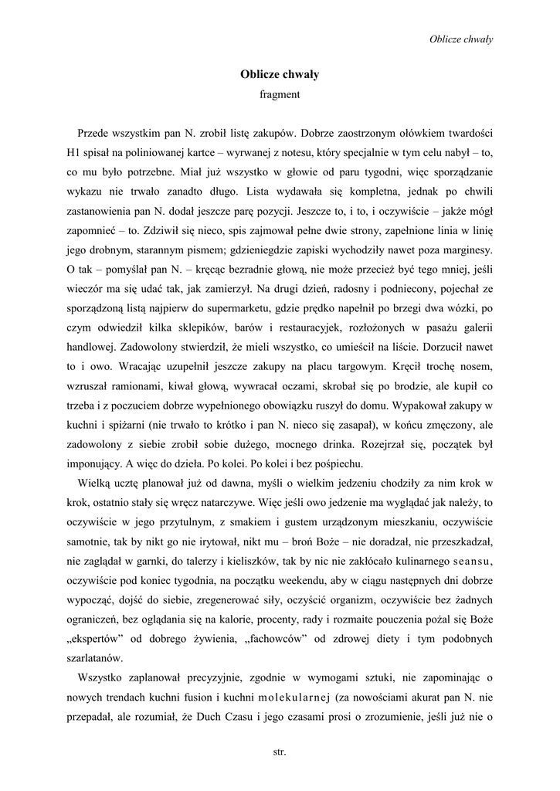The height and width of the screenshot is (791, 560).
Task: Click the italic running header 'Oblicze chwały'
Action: point(461,39)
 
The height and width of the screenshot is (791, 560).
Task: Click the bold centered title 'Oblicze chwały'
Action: point(280,75)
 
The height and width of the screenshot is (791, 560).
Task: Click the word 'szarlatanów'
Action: point(94,658)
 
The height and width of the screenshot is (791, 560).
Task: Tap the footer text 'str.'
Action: point(280,750)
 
